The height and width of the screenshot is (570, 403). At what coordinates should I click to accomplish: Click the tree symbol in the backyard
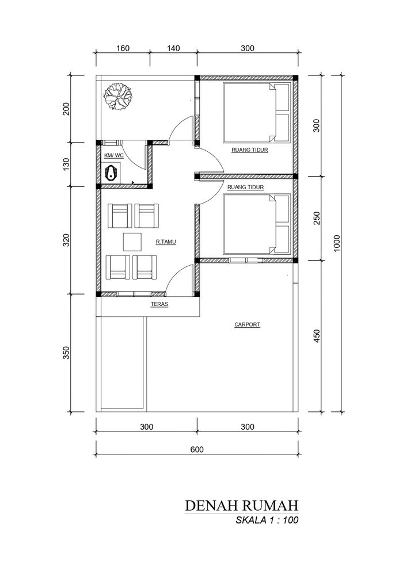click(x=117, y=96)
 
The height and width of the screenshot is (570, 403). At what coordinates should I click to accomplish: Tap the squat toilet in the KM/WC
click(x=112, y=173)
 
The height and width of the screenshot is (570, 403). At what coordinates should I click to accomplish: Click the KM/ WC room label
click(x=114, y=156)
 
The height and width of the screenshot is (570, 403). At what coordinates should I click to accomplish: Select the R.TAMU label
click(x=166, y=242)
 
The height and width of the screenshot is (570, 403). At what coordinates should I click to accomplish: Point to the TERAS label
click(x=159, y=304)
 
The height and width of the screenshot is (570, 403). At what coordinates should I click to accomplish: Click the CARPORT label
click(x=248, y=324)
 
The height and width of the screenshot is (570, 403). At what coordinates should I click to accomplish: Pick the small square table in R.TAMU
click(x=132, y=242)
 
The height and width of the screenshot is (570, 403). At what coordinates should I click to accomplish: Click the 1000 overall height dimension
click(x=336, y=243)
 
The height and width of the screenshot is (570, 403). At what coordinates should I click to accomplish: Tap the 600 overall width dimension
click(x=197, y=449)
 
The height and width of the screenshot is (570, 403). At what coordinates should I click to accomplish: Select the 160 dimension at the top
click(x=123, y=48)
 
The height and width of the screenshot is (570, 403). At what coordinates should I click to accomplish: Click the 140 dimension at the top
click(x=173, y=48)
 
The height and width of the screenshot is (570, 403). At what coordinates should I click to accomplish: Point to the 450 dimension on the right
click(x=317, y=336)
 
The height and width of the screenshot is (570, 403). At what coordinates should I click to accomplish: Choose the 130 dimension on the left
click(x=66, y=165)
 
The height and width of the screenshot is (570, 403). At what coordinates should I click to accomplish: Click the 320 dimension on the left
click(x=66, y=240)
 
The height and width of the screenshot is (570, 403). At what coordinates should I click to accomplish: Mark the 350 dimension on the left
click(x=66, y=353)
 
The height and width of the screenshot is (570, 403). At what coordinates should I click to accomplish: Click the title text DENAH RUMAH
click(x=242, y=506)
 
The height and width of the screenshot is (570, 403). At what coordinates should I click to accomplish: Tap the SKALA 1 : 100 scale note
click(x=267, y=520)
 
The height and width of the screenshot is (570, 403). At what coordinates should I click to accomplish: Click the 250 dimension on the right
click(x=317, y=218)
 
